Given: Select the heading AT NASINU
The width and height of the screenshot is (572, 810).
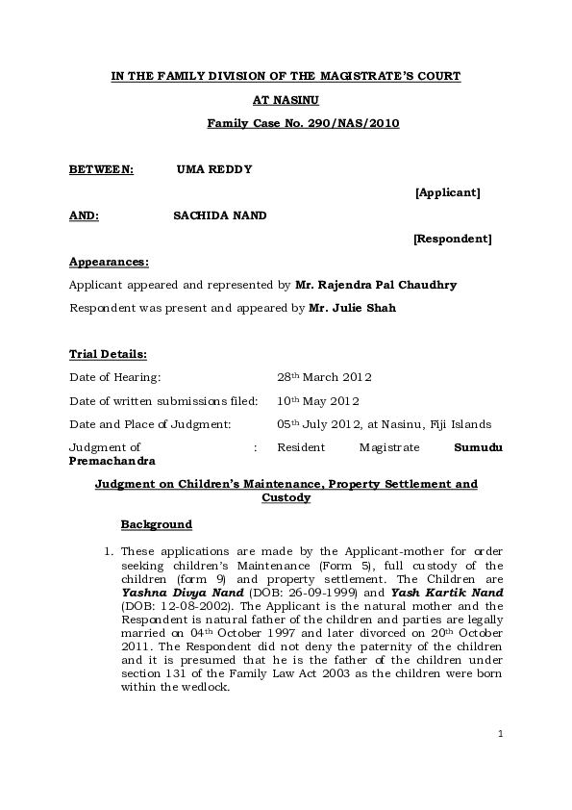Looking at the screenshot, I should coord(286,99).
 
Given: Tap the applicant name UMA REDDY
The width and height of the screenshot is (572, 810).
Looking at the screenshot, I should coord(214,169).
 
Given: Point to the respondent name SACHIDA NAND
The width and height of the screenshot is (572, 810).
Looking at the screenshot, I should coord(219,215).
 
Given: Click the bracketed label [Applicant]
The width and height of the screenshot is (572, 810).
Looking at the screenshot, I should coord(447,192).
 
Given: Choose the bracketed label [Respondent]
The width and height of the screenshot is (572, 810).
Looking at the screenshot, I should coord(452,239).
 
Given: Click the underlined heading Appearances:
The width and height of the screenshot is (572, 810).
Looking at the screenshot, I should coord(109,262).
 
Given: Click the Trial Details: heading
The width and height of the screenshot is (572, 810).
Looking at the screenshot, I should coord(108,354).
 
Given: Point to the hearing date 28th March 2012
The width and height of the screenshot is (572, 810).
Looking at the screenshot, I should coord(324,377).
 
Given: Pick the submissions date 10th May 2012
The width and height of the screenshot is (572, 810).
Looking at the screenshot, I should coord(320,400).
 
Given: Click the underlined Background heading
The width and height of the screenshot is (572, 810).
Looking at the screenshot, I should coord(156,524).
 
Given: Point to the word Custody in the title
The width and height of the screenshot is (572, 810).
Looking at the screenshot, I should coord(286,497).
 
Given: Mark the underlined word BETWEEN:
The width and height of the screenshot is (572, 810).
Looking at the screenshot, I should coord(101,169).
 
